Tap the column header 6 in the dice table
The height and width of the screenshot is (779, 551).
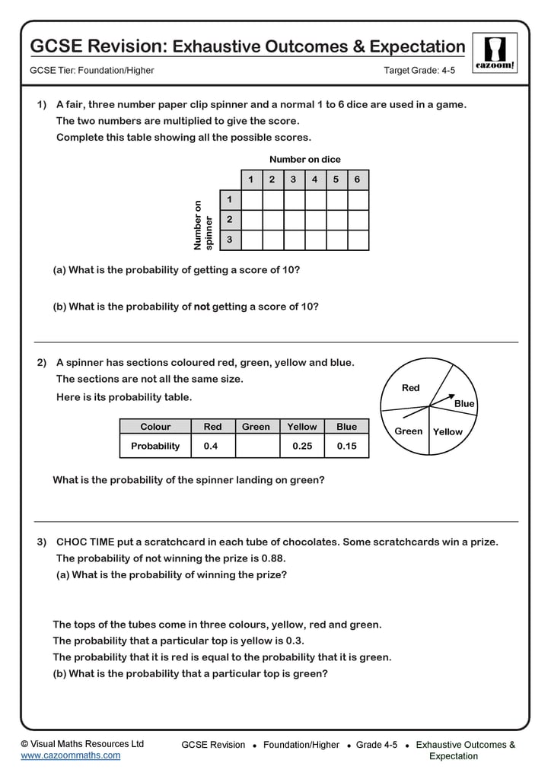tap(357, 180)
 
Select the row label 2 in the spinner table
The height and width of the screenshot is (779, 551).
tap(229, 220)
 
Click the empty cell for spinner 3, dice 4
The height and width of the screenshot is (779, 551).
tap(314, 240)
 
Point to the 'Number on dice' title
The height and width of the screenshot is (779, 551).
tap(304, 160)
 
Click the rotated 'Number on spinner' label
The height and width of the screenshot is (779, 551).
tap(203, 225)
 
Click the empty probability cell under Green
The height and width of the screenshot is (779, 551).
tap(256, 447)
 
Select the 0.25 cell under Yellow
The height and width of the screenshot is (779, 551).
tap(302, 447)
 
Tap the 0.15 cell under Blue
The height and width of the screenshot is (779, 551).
tap(346, 447)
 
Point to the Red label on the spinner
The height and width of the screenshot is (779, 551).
tap(410, 388)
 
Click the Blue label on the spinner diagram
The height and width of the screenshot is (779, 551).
tap(463, 404)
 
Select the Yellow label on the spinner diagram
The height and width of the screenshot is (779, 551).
tap(447, 431)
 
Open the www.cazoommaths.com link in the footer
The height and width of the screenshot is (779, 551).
tap(70, 755)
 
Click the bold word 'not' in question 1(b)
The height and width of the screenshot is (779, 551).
tap(201, 307)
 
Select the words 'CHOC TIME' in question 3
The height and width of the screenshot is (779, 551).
tap(85, 542)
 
